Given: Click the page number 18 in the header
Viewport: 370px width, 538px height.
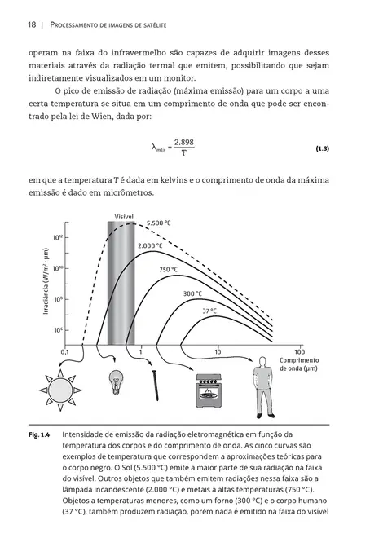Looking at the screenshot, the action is tap(32, 25).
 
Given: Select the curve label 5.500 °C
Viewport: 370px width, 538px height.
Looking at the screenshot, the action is tap(158, 223).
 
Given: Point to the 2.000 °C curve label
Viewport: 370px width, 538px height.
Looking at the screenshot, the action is tap(151, 245).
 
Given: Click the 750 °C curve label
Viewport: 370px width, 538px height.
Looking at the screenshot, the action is tap(168, 270).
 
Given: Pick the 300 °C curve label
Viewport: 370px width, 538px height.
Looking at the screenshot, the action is tap(192, 293).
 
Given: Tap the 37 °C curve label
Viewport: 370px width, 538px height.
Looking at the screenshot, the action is tap(209, 311).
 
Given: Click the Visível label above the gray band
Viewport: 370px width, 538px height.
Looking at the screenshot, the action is tap(122, 217).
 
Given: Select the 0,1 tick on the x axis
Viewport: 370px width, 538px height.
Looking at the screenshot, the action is tap(65, 351).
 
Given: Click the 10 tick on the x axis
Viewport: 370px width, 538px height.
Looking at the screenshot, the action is tap(218, 351).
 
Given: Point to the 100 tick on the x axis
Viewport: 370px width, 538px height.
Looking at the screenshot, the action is tap(299, 351).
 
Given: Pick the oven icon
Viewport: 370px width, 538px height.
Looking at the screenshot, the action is tap(207, 389).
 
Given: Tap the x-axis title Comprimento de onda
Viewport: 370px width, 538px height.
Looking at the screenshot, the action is tap(299, 364).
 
